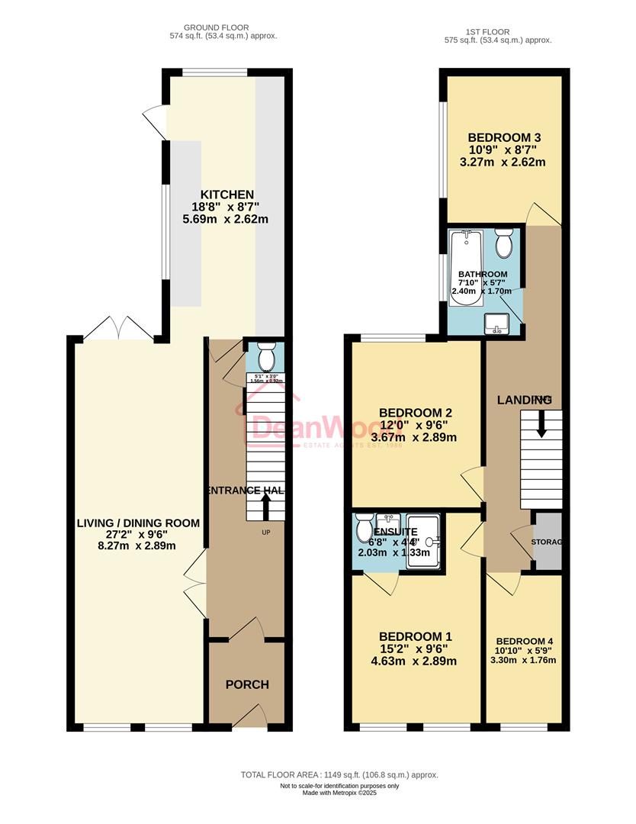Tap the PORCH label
point(247,684)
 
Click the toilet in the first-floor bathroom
point(504,244)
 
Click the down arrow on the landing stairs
point(541,423)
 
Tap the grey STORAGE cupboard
point(547,541)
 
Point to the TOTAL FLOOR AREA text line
point(339,774)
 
